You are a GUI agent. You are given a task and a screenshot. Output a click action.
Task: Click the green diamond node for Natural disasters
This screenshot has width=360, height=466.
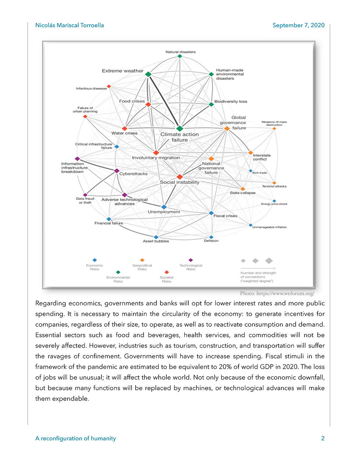pos(180,56)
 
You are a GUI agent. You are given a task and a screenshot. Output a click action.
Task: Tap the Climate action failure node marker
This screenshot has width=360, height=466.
pos(180,129)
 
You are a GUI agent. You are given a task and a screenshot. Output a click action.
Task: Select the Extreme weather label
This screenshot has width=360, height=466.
pos(123,71)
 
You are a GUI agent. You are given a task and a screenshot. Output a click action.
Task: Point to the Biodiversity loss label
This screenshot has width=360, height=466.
pos(231,101)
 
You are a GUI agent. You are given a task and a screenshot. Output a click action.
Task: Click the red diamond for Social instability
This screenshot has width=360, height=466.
pos(180,177)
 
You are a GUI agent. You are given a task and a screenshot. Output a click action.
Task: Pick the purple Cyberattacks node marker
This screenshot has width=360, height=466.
pos(117,171)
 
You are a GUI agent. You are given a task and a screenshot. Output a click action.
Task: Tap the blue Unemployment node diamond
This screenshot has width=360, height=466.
pos(164,207)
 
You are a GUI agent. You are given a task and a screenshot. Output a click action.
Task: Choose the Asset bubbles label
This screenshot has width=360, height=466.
pos(156,241)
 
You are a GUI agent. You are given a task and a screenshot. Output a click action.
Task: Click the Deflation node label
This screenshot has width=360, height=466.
pos(211,241)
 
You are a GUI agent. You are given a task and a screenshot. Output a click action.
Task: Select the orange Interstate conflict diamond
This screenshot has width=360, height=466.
pos(251,153)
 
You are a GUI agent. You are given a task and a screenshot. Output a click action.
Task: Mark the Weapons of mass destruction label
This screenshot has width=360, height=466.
pos(274,123)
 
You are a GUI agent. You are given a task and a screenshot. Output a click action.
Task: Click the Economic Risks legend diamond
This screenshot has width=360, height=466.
pos(95,260)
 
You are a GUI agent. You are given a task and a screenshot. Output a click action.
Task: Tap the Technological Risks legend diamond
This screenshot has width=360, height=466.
pos(191,260)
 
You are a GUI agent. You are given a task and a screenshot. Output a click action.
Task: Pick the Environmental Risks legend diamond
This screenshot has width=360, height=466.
pos(118,272)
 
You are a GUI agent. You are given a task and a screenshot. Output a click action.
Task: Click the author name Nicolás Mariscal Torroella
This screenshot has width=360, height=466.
pos(69,25)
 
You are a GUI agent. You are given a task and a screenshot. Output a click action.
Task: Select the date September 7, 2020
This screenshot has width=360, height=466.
pos(298,25)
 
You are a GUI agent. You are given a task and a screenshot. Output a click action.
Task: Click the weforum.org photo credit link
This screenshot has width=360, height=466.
pos(285,293)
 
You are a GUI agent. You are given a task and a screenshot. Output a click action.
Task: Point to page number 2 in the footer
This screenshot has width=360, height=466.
pos(323,438)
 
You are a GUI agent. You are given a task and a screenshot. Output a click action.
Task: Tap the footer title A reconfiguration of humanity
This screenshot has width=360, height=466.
pos(76,438)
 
